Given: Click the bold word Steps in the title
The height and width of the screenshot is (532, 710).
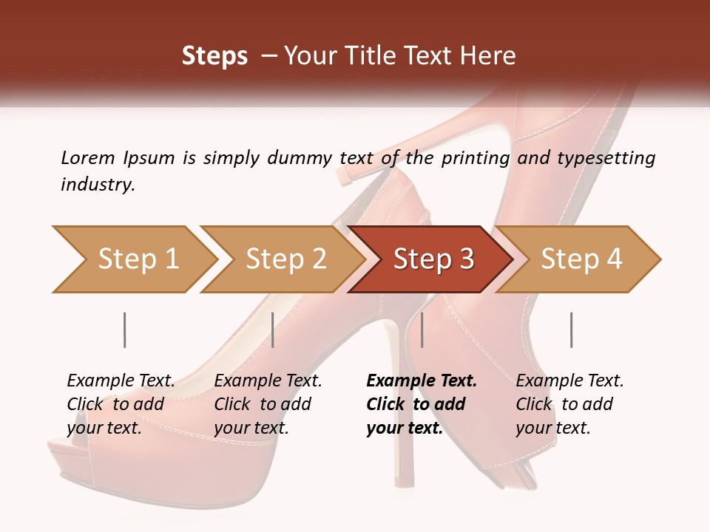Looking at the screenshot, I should coord(214,56).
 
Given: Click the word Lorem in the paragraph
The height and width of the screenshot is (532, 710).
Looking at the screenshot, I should coord(88,157).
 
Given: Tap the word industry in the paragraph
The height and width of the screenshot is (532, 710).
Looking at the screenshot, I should coord(98,185).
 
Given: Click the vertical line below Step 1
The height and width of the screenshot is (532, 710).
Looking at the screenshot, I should coord(124,330).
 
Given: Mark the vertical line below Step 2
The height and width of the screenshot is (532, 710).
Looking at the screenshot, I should coord(273,330).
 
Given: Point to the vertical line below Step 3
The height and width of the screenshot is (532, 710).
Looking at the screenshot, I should coord(422,330).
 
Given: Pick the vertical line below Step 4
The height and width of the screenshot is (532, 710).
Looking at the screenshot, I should coord(571,330).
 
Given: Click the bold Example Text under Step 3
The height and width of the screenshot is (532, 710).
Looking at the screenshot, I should coord(422,381).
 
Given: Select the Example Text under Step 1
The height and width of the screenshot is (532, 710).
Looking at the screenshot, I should coord(121,381).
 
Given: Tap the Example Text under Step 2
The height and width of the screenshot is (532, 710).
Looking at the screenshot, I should coord(268,381).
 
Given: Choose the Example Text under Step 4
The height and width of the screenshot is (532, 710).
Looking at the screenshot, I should coord(569,381).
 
